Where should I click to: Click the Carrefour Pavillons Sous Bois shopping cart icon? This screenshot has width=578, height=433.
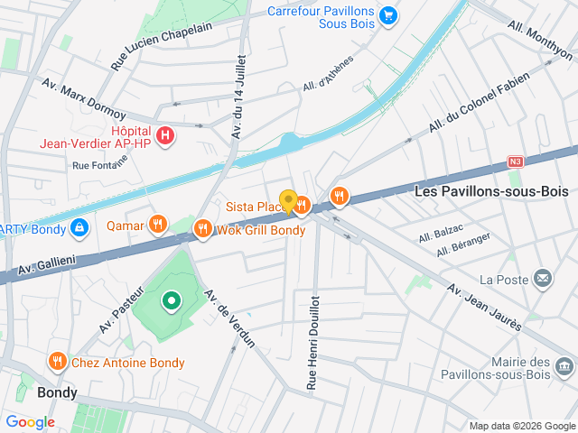(x=387, y=15)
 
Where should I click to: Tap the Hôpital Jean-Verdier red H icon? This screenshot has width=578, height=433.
(x=165, y=136)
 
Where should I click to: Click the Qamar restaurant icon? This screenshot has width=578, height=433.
(x=158, y=224)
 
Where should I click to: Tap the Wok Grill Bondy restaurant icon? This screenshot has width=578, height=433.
(x=203, y=229)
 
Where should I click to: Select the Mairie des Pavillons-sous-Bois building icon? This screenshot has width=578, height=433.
(x=564, y=366)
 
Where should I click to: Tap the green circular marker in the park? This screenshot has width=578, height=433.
(x=170, y=301)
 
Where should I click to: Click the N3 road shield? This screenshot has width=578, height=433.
(x=515, y=162)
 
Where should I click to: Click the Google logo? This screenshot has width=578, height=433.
(x=30, y=422)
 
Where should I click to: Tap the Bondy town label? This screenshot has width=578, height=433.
(x=57, y=393)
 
